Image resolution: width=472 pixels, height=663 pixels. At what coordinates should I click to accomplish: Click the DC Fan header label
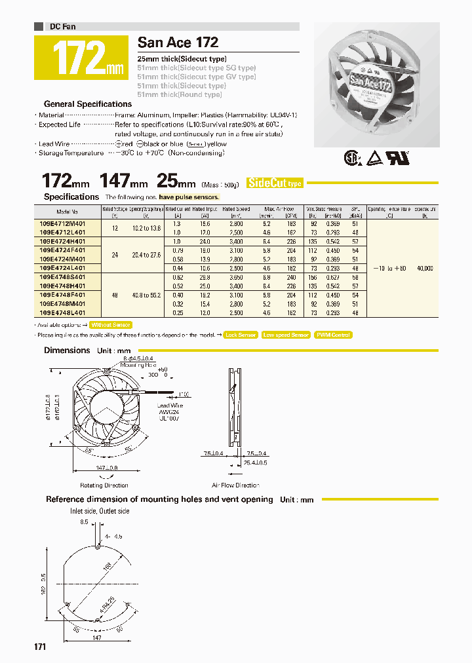[x=62, y=27]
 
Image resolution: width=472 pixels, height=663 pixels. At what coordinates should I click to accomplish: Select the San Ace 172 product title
[x=178, y=43]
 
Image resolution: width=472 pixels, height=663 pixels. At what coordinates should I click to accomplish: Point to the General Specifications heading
[x=87, y=104]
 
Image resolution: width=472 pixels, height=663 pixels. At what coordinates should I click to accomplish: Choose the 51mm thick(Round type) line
[x=180, y=95]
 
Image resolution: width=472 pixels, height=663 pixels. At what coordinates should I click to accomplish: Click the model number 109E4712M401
[x=68, y=224]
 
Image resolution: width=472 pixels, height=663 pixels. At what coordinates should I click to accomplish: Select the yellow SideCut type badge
[x=275, y=183]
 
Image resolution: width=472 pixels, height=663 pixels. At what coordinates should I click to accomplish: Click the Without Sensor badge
[x=111, y=325]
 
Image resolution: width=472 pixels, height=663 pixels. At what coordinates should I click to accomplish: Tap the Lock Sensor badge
[x=240, y=335]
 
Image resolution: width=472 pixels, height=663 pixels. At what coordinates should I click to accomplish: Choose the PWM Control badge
[x=333, y=335]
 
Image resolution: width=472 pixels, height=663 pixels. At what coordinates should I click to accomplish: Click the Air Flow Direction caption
[x=235, y=485]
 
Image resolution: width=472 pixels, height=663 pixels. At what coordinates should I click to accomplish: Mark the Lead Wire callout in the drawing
[x=170, y=406]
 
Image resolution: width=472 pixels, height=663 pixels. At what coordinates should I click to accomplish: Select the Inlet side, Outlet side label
[x=100, y=511]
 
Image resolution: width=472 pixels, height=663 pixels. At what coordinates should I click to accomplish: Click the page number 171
[x=40, y=647]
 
